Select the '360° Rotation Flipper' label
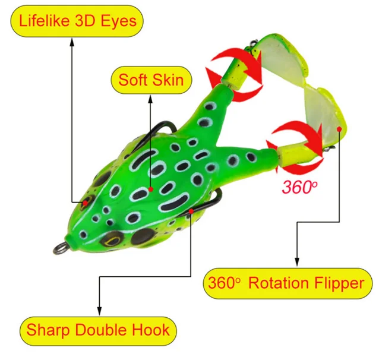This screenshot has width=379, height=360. (x=285, y=283)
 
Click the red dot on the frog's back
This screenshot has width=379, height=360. (x=151, y=189)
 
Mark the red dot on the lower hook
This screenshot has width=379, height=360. (x=191, y=210)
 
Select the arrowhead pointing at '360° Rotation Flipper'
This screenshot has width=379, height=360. (x=297, y=262)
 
